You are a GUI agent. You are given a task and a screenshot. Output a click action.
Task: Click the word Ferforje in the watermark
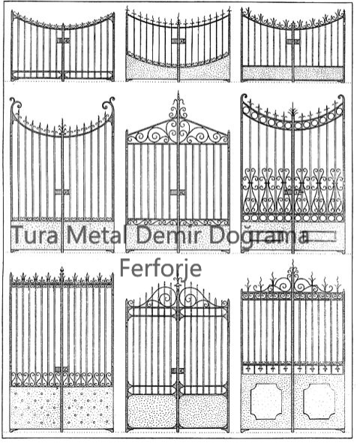pyautogui.click(x=160, y=268)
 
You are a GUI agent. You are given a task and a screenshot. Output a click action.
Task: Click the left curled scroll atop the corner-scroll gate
pyautogui.click(x=15, y=105)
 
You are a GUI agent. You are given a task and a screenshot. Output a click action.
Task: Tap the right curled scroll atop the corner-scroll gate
pyautogui.click(x=109, y=104)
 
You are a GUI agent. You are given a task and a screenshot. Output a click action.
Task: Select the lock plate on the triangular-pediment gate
pyautogui.click(x=178, y=192)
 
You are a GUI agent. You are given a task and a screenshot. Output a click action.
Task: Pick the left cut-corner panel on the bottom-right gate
pyautogui.click(x=266, y=401)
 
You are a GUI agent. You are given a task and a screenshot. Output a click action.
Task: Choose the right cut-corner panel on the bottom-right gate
pyautogui.click(x=319, y=401)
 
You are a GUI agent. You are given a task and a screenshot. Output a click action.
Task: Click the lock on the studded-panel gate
pyautogui.click(x=61, y=369)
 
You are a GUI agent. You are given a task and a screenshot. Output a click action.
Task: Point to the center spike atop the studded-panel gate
pyautogui.click(x=62, y=273)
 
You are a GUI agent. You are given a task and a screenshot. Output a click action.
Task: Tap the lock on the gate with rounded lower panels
pyautogui.click(x=178, y=371)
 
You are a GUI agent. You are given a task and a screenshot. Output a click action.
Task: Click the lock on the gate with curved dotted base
pyautogui.click(x=178, y=42)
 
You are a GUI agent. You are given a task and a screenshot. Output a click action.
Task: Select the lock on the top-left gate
pyautogui.click(x=63, y=41)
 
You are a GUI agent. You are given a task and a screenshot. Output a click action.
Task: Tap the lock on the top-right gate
pyautogui.click(x=293, y=42)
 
